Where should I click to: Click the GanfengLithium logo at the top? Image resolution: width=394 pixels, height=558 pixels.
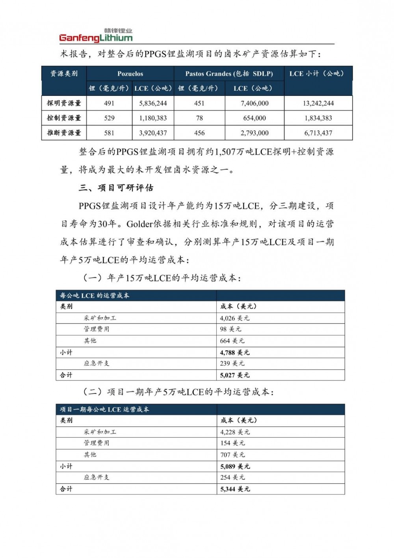96,36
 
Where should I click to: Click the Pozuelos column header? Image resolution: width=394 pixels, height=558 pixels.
130,74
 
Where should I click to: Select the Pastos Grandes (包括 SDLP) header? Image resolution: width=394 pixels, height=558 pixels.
229,74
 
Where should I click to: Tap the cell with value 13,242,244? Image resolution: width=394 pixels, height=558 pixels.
318,103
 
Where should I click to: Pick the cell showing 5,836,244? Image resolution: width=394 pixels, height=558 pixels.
153,103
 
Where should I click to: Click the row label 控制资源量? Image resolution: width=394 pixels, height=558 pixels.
64,118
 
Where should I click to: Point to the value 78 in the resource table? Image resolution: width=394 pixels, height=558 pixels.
199,118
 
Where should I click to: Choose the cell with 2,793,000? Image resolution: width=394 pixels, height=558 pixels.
255,133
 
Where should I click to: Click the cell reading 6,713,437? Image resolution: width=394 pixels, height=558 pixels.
318,133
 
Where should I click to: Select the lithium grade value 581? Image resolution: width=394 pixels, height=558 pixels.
109,133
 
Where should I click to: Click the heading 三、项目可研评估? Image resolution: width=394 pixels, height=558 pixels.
116,188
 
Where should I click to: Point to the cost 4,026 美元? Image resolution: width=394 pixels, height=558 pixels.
234,318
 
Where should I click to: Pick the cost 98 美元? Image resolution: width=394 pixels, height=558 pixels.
230,329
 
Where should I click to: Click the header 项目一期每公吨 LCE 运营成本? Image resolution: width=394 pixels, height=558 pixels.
104,410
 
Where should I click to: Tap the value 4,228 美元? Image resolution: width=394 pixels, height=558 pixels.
235,432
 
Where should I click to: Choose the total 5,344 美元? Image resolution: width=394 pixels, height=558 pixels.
235,489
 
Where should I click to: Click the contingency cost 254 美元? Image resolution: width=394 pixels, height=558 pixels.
232,477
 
